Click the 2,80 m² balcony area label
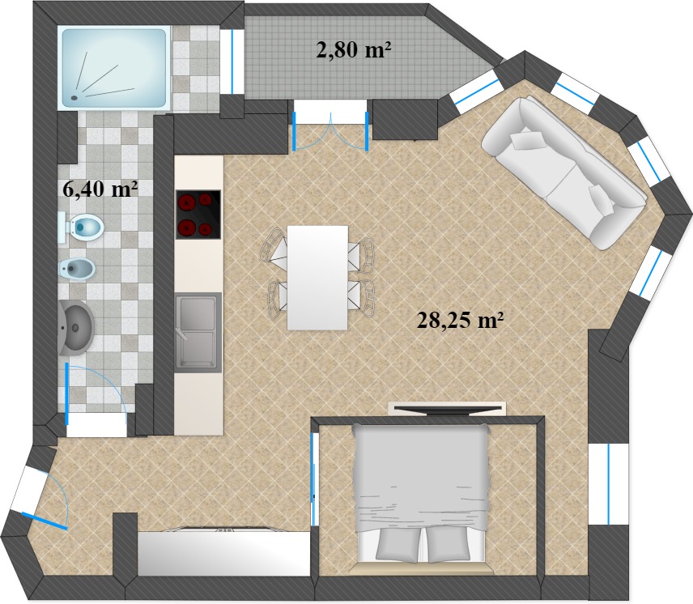click(354, 49)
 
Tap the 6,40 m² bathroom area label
click(100, 189)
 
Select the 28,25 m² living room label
click(461, 320)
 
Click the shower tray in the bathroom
click(115, 67)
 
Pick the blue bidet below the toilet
click(77, 268)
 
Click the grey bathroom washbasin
click(75, 327)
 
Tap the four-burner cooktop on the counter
click(198, 215)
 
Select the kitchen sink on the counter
click(198, 331)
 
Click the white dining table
click(317, 278)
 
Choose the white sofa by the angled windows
click(564, 172)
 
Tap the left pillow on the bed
click(398, 545)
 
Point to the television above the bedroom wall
click(446, 409)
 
